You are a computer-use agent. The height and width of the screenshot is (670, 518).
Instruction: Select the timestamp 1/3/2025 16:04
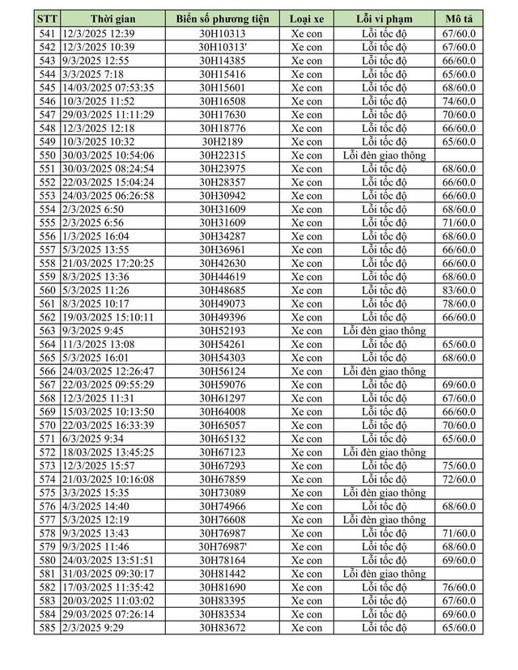pyautogui.click(x=90, y=236)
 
